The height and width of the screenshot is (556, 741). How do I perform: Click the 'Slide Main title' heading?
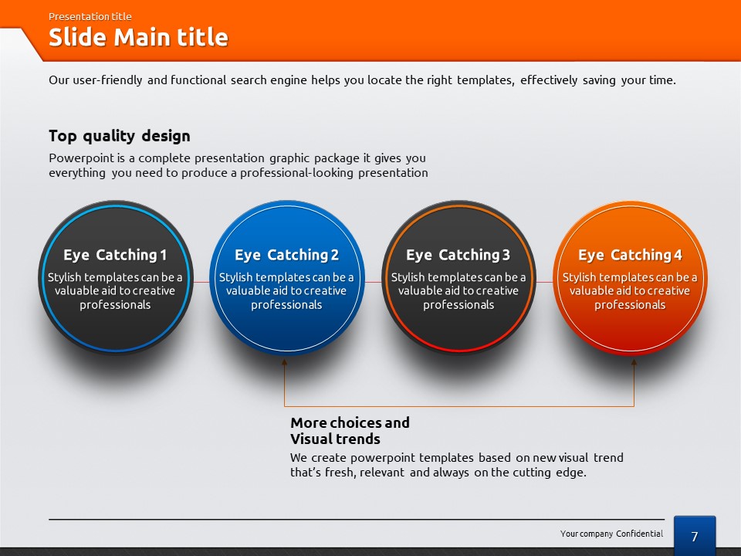[x=138, y=37]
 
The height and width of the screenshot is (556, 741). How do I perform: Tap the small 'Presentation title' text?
[x=90, y=16]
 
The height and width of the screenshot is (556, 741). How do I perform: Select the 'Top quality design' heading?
[x=120, y=136]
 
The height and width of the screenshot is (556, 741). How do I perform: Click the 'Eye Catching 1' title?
[x=115, y=256]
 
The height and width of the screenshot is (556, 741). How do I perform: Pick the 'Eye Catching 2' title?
[x=287, y=256]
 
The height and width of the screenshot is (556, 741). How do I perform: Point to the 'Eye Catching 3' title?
[x=458, y=256]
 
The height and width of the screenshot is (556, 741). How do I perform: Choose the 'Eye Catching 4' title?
[x=630, y=256]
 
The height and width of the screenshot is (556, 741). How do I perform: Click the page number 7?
[x=694, y=537]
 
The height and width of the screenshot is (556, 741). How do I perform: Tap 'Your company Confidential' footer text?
[x=611, y=534]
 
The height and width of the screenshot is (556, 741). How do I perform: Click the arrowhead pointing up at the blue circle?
[x=285, y=363]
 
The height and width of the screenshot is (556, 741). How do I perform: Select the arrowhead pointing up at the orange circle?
[x=634, y=363]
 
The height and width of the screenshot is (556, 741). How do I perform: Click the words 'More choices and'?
[x=350, y=422]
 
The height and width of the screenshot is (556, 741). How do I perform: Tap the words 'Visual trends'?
[x=335, y=439]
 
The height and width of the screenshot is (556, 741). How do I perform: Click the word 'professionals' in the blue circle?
[x=286, y=305]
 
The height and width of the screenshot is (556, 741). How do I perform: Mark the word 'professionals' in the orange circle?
[x=630, y=305]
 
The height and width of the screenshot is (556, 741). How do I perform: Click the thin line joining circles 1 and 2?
[x=201, y=283]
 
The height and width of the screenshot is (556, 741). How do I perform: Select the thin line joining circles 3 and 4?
[x=544, y=283]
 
